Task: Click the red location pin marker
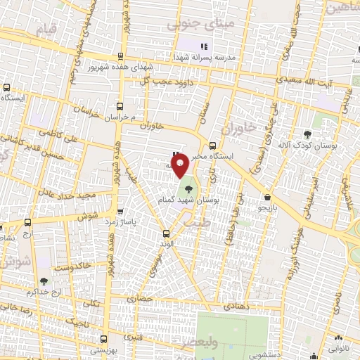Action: tap(181, 166)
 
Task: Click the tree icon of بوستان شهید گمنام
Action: tap(188, 188)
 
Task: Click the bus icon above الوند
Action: tap(167, 234)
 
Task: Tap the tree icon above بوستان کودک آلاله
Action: tap(307, 134)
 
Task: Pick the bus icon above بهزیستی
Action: tap(104, 337)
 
